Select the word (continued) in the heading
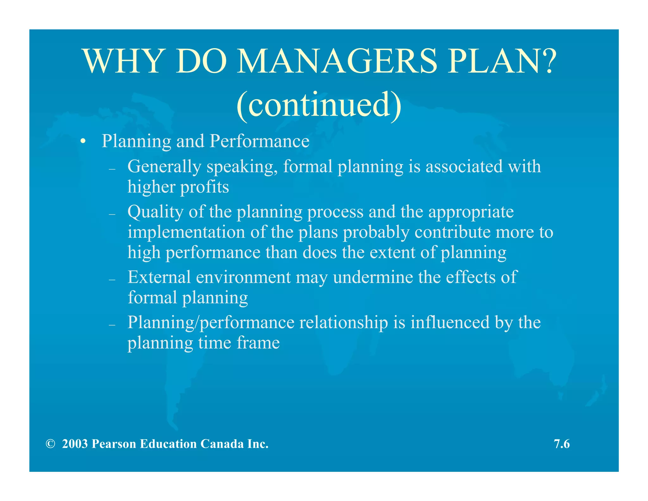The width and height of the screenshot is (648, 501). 319,105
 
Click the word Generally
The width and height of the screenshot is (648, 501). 164,167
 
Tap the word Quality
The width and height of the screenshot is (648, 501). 155,212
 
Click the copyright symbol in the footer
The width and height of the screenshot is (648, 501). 50,444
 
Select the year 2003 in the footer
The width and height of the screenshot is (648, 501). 75,444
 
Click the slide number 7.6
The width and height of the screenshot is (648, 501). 562,444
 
